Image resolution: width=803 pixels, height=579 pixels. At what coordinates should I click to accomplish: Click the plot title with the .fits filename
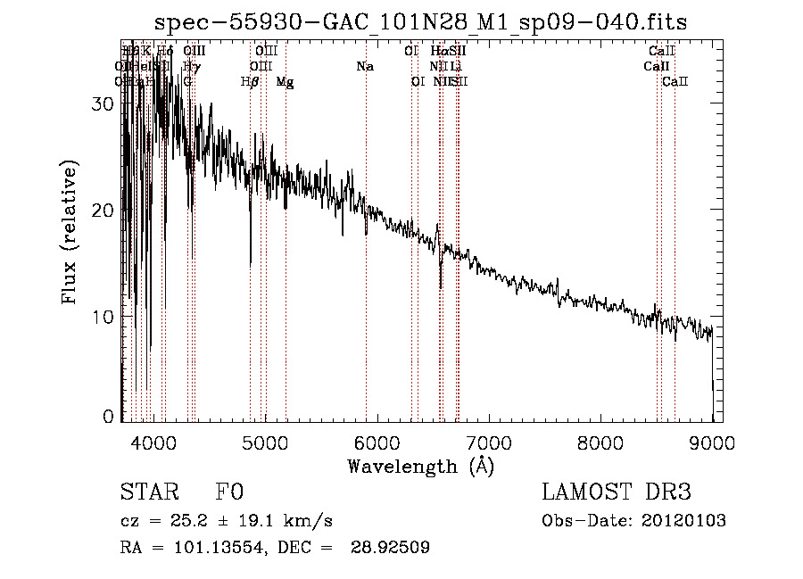coord(421,22)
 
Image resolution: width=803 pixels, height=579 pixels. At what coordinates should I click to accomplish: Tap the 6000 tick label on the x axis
coord(377,443)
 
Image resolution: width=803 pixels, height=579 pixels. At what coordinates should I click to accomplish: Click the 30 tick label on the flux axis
coord(103,103)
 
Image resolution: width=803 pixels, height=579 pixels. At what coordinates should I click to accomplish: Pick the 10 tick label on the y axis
coord(103,317)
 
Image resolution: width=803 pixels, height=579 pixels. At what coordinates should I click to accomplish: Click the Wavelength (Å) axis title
coord(420,466)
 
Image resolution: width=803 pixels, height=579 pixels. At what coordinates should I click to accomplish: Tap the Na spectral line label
coord(365,66)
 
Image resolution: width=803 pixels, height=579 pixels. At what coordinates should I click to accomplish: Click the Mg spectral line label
coord(285,82)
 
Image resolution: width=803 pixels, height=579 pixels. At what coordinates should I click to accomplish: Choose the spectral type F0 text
coord(229,493)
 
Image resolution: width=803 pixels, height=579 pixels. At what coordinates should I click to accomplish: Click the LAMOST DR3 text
coord(617,492)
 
